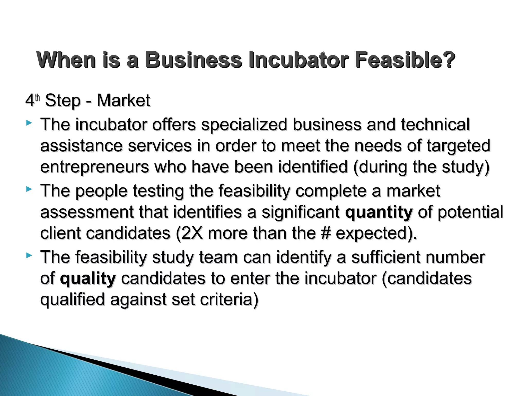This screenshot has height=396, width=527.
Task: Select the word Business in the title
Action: coord(193,60)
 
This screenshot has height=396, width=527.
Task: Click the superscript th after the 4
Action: coord(38,98)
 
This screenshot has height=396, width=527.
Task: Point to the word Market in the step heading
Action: coord(123,100)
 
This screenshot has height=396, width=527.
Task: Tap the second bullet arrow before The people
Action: coord(29,189)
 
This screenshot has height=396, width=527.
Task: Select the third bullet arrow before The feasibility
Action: coord(29,256)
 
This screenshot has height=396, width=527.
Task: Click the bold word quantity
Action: coord(379,212)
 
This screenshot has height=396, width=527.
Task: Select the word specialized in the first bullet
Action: coord(244,125)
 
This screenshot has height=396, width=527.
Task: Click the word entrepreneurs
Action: coord(94,167)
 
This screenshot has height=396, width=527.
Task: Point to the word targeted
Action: coord(459,146)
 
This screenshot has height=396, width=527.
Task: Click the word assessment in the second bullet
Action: coord(87,212)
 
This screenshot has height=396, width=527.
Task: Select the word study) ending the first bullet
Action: coord(465,167)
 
